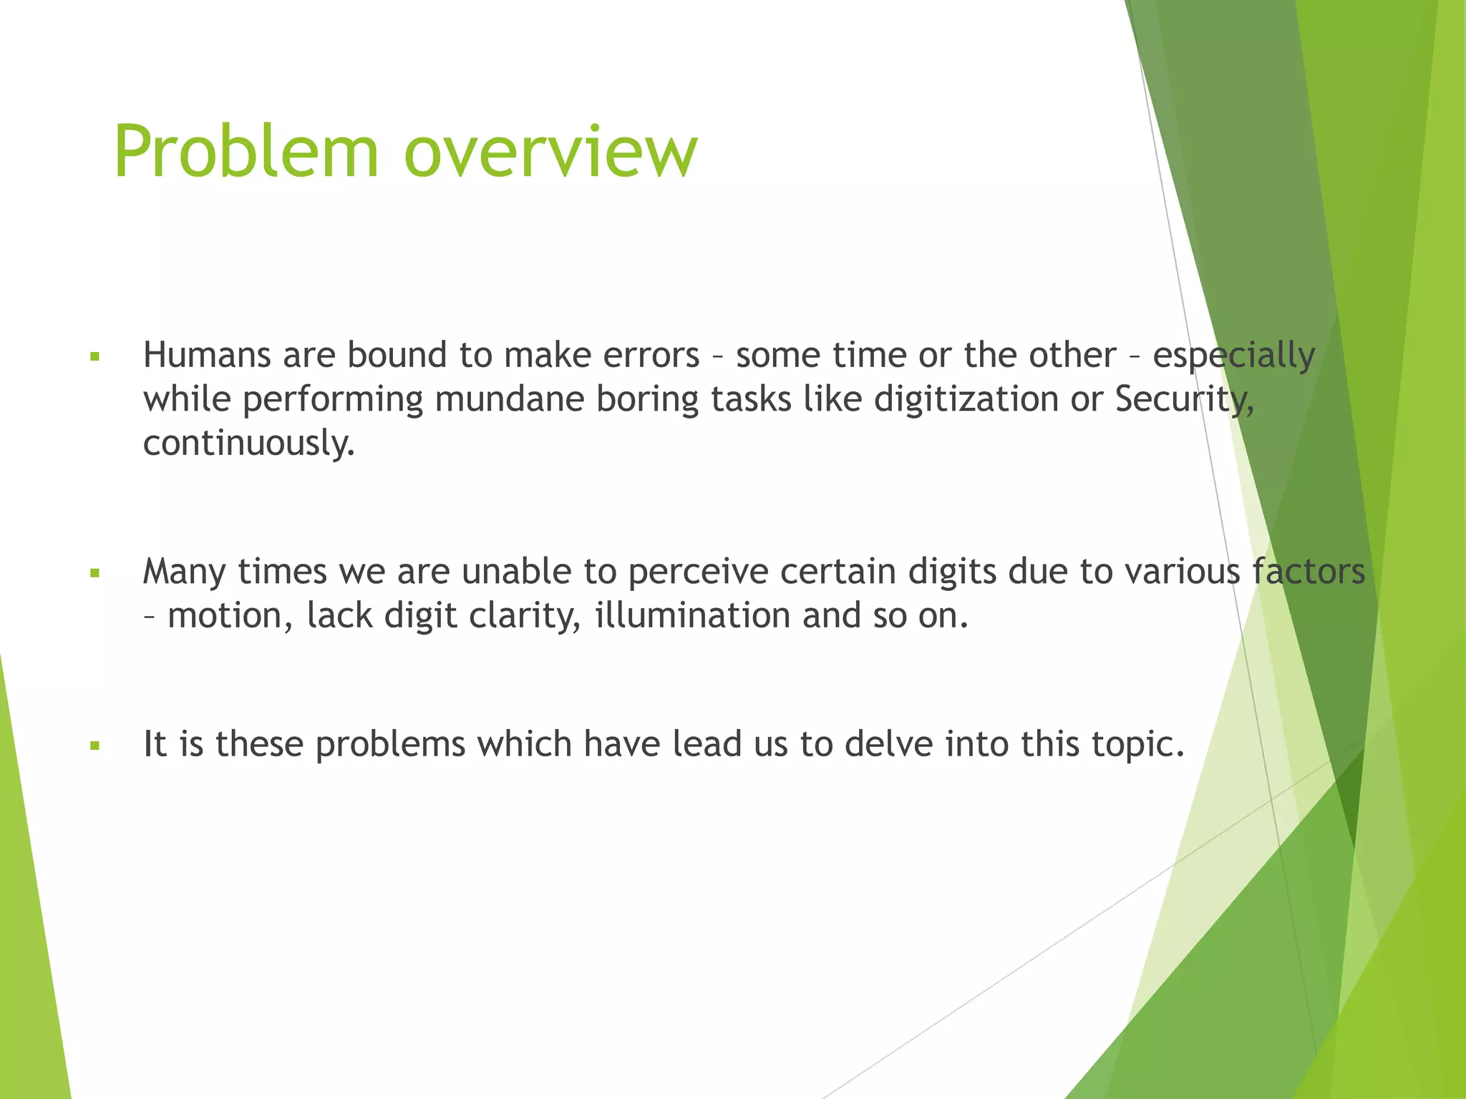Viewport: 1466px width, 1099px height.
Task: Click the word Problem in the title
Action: click(246, 152)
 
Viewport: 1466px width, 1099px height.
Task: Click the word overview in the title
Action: click(550, 152)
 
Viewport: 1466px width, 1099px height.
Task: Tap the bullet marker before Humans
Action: click(94, 356)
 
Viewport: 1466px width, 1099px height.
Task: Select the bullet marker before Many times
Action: click(94, 572)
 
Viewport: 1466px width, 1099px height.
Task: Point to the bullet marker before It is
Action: click(94, 746)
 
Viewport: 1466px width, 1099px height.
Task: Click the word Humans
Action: click(206, 355)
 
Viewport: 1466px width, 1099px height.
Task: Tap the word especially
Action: click(1233, 356)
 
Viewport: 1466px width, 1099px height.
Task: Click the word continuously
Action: click(248, 444)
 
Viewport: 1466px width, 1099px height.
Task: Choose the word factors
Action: click(1308, 571)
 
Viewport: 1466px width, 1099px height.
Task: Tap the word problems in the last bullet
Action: click(390, 745)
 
